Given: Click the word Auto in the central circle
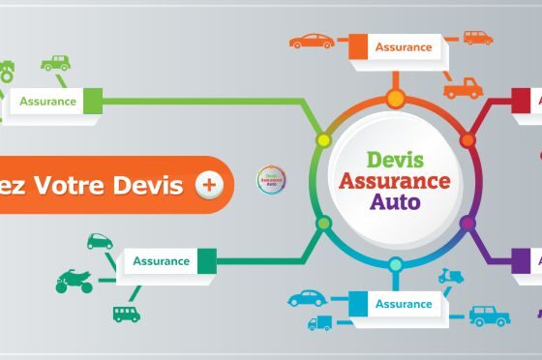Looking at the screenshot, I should coord(394,202).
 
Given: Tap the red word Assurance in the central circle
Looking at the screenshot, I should coord(394,181).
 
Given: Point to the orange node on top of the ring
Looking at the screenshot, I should coord(395,98).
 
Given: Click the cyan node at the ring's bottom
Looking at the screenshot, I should coord(395,264).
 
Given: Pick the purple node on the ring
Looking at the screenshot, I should coord(467,224).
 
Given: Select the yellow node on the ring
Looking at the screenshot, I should coord(324,141).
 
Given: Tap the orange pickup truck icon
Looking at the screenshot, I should coord(463,89).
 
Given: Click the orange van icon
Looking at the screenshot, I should coord(477,38).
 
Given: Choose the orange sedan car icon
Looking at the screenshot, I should coord(312,42).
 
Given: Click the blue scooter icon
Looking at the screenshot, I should coord(451,276).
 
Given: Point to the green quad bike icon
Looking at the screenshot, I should coord(74,282).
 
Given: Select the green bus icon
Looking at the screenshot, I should coord(126,313).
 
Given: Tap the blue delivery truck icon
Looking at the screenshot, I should coord(319,322).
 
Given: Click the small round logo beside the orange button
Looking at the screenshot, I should coord(271,180).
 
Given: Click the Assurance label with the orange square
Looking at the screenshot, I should coord(402,46).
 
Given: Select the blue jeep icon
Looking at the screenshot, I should coord(489,315).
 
